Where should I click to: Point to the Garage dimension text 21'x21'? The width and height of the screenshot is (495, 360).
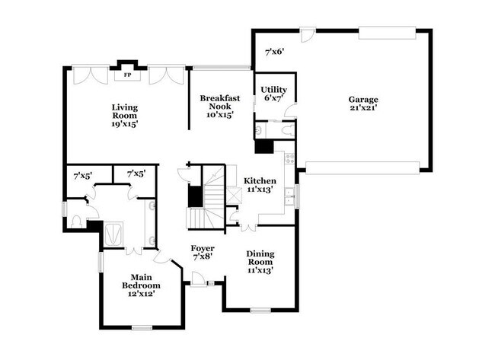click(363, 108)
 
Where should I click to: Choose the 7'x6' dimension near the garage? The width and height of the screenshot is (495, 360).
click(274, 53)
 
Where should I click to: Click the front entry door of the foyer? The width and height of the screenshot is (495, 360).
click(198, 284)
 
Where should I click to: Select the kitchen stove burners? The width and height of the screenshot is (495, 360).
click(289, 158)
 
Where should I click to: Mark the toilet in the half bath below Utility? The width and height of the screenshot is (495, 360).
click(285, 130)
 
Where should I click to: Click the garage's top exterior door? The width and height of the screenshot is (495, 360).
click(307, 33)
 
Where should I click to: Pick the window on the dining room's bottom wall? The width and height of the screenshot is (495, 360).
click(260, 309)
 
